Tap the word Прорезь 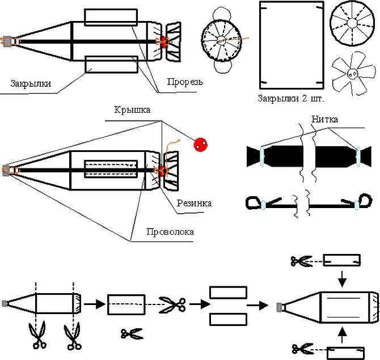pos(185,82)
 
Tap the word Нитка pos(325,120)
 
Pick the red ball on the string pos(200,145)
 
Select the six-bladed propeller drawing pos(353,74)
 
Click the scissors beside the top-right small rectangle pos(301,261)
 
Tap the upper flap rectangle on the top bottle pos(112,16)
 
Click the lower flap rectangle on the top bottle pos(112,65)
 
